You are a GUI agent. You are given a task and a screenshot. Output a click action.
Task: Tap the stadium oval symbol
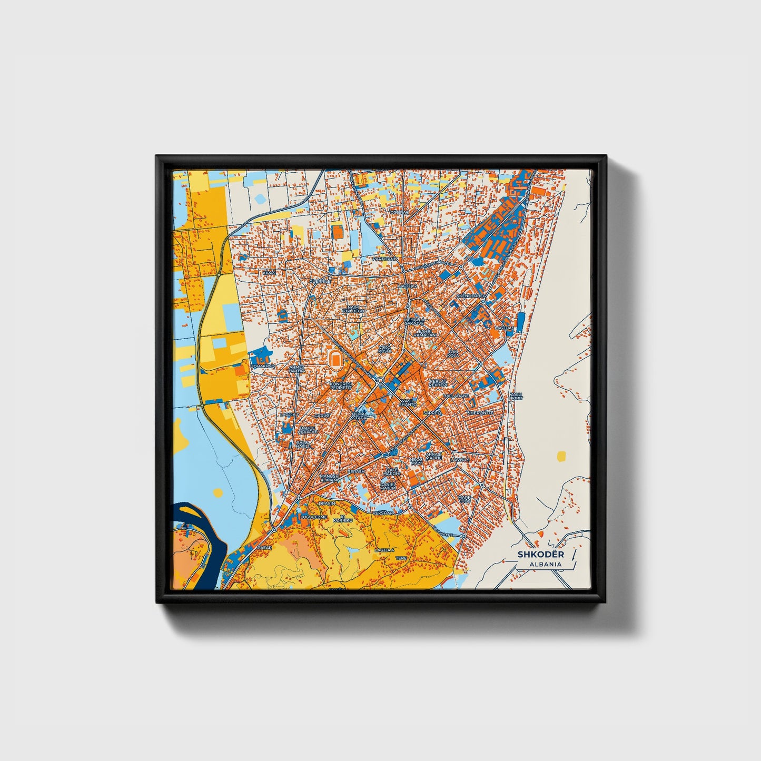point(334,360)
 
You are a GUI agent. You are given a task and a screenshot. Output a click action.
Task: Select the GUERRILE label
point(320,282)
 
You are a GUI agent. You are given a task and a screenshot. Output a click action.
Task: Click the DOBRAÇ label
point(399,212)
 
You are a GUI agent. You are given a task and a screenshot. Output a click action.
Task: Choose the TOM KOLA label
point(453,353)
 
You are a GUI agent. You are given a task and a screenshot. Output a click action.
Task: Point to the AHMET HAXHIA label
point(297,369)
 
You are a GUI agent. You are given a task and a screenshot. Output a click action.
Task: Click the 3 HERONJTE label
point(480,412)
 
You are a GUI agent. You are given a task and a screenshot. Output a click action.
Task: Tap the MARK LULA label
point(464,499)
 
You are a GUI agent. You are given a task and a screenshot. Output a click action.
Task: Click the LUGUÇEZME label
point(313,517)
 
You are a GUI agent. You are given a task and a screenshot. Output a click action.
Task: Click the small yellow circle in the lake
point(217,492)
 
